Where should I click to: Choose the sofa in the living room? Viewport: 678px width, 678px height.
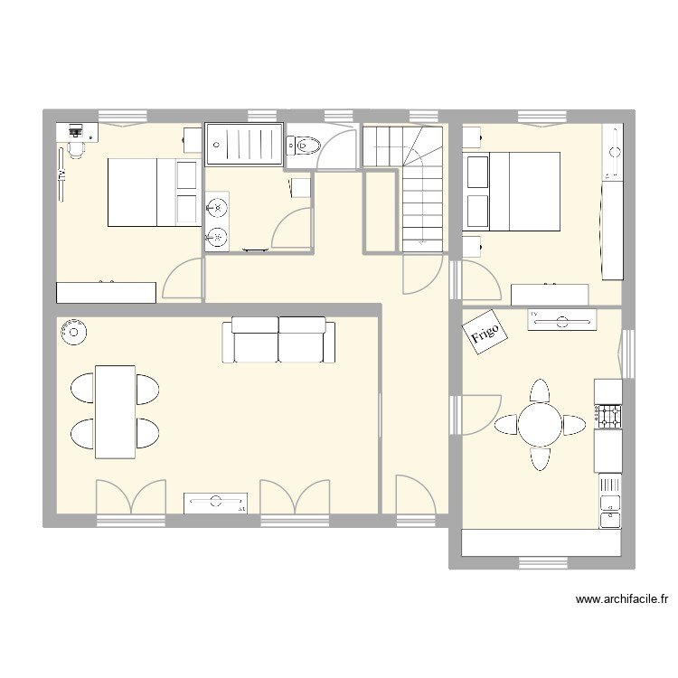coord(278,340)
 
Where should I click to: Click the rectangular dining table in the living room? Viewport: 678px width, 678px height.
coord(116,411)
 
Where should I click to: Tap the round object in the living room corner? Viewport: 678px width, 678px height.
coord(72,333)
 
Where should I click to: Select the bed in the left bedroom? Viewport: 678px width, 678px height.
coord(154,192)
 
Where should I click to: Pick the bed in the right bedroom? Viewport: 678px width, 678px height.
coord(512,191)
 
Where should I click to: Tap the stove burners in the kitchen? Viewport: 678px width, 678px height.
coord(608,416)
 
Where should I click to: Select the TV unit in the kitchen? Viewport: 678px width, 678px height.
coord(561,319)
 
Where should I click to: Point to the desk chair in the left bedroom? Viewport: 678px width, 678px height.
coord(76,148)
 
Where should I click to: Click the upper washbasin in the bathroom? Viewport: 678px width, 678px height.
coord(217,208)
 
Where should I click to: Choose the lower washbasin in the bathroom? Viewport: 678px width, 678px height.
coord(217,237)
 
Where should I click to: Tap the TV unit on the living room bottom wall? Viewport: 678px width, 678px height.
coord(216,503)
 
